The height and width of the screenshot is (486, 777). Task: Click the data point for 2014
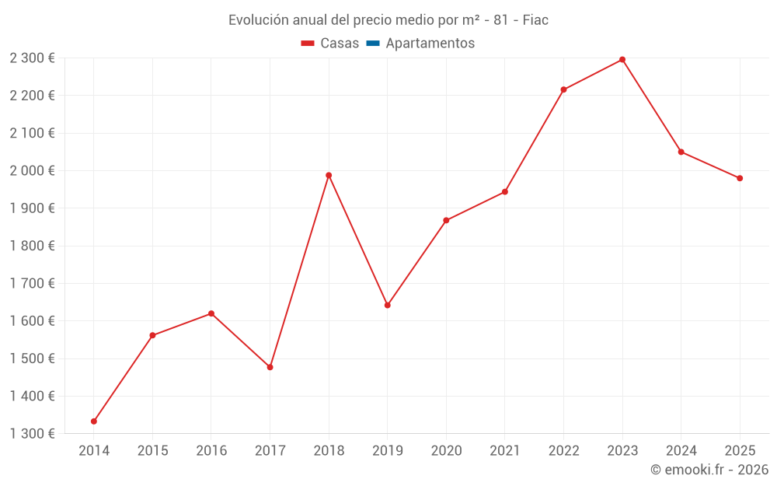pos(94,421)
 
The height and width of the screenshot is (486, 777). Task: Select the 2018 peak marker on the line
pos(329,175)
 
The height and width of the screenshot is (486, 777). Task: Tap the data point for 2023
pos(622,60)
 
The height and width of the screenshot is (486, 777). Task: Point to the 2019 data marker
pos(388,305)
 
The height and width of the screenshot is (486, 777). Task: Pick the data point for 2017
pos(270,367)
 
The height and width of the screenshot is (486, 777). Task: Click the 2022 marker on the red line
pos(563,89)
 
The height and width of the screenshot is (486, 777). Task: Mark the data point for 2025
pos(740,178)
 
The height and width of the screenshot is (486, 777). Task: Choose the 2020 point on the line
pos(446,220)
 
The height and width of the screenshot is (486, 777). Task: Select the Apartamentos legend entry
pos(430,44)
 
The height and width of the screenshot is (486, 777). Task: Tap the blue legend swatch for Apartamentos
pos(372,44)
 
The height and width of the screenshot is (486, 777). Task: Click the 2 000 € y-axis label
pos(32,170)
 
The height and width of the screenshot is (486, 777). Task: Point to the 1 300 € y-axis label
pos(32,434)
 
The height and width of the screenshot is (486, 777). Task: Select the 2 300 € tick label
pos(32,58)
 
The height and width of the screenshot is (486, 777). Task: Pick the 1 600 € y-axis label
pos(32,321)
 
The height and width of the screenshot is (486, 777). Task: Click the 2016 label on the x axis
pos(211,451)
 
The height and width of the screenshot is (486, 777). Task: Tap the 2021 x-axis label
pos(505,451)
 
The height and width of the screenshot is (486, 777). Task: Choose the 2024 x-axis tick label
pos(681,451)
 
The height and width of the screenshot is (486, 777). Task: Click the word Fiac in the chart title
pos(535,20)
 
